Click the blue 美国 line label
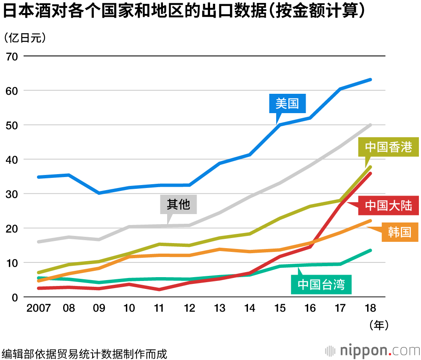pos(288,103)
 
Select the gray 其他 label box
pos(179,205)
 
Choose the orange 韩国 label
pos(400,232)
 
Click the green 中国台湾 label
pos(321,285)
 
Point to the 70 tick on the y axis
pos(11,56)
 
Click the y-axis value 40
pos(11,159)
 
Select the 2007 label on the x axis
pos(38,309)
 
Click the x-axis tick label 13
pos(219,309)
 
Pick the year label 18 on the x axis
pos(370,309)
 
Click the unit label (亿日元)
pos(24,38)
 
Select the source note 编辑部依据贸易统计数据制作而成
pos(84,353)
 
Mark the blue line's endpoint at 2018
pos(370,79)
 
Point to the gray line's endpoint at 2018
pos(370,125)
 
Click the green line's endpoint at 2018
pos(370,251)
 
